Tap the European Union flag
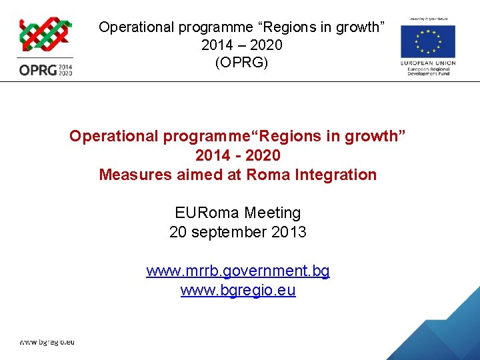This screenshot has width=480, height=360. point(427,41)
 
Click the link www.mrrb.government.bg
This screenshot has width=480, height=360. point(238,271)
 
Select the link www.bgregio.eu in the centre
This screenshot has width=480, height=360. point(238,291)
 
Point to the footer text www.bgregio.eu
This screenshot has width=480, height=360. point(47,342)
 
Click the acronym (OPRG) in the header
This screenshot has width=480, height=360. point(241,63)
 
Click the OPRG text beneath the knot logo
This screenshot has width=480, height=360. point(37,69)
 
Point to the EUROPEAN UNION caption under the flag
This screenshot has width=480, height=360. point(429,63)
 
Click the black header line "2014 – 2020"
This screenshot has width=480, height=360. point(241,45)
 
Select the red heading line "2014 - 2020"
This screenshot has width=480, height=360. point(238,155)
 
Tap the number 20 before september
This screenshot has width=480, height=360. point(178,232)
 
